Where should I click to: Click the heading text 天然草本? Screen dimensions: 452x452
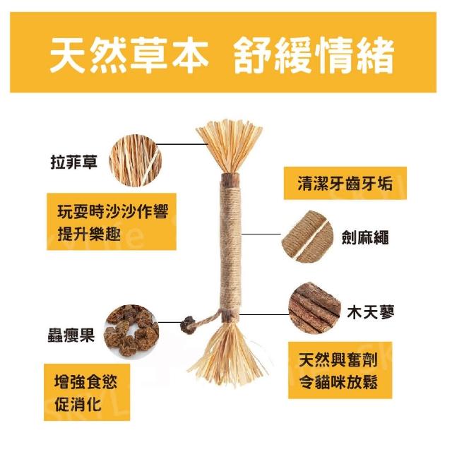pyautogui.click(x=129, y=55)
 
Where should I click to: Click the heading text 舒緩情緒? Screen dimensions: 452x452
pyautogui.click(x=314, y=55)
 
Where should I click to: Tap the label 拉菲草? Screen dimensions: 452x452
pyautogui.click(x=74, y=162)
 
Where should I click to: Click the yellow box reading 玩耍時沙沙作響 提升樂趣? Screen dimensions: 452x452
pyautogui.click(x=112, y=221)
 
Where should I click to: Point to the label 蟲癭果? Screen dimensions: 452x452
pyautogui.click(x=71, y=335)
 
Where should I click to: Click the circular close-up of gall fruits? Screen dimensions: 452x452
pyautogui.click(x=131, y=331)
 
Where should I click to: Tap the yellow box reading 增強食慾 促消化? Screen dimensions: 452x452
pyautogui.click(x=87, y=392)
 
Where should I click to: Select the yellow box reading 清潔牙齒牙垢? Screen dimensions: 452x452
pyautogui.click(x=345, y=183)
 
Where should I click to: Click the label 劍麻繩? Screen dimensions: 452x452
pyautogui.click(x=365, y=237)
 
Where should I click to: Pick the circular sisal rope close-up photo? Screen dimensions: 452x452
pyautogui.click(x=307, y=237)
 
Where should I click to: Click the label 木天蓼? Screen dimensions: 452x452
pyautogui.click(x=370, y=312)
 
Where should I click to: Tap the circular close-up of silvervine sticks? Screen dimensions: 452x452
pyautogui.click(x=315, y=308)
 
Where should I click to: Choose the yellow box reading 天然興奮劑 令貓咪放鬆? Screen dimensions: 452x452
pyautogui.click(x=340, y=370)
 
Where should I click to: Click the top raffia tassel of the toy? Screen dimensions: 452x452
pyautogui.click(x=229, y=147)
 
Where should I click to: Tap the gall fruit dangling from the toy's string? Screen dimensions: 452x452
pyautogui.click(x=188, y=325)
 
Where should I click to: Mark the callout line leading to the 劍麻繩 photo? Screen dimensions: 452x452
pyautogui.click(x=261, y=234)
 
